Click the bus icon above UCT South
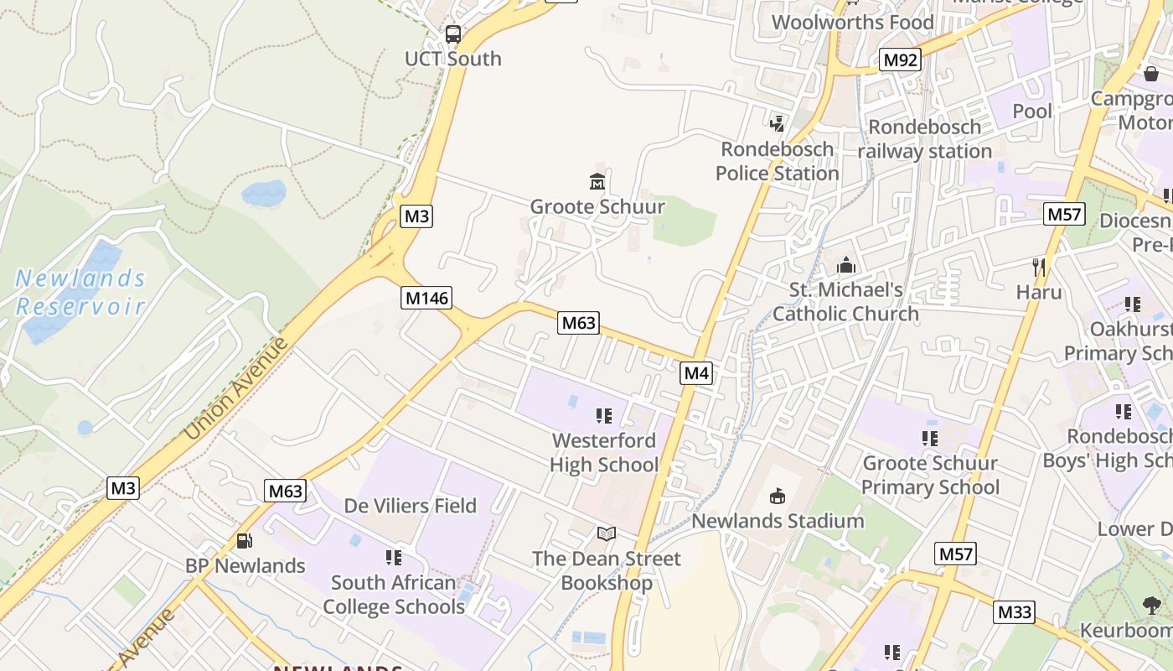click(453, 34)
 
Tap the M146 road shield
click(426, 297)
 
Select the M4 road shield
click(696, 372)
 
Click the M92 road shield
click(901, 60)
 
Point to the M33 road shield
click(1015, 611)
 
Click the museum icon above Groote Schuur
click(597, 181)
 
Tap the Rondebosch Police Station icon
click(778, 123)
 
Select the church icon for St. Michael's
click(846, 265)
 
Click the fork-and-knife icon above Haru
click(1039, 268)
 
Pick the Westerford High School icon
click(604, 415)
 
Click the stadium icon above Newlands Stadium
click(778, 496)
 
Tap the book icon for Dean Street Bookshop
click(606, 533)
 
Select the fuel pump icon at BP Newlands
click(245, 541)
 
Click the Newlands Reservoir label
click(80, 291)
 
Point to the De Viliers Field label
click(411, 506)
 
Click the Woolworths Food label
click(853, 22)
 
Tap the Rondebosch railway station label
click(925, 139)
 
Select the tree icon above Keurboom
click(1152, 605)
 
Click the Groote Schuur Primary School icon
click(930, 438)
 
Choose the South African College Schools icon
click(394, 557)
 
